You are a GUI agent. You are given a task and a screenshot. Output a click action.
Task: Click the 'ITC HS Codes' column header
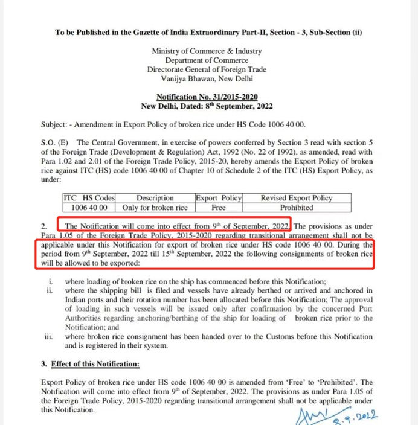(x=89, y=198)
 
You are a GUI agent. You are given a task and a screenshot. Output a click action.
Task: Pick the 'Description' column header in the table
(x=155, y=198)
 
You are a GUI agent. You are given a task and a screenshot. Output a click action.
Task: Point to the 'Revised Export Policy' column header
(x=296, y=198)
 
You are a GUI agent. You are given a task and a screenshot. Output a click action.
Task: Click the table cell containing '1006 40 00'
(x=89, y=207)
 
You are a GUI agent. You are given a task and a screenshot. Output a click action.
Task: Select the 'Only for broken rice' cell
(x=155, y=207)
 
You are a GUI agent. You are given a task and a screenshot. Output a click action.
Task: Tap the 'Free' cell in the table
(x=218, y=207)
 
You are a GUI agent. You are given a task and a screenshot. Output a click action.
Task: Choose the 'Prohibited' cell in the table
(x=296, y=207)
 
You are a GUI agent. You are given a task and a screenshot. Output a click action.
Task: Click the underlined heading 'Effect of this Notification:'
(x=95, y=364)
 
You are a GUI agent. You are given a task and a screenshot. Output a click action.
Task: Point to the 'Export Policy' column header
(x=218, y=198)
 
